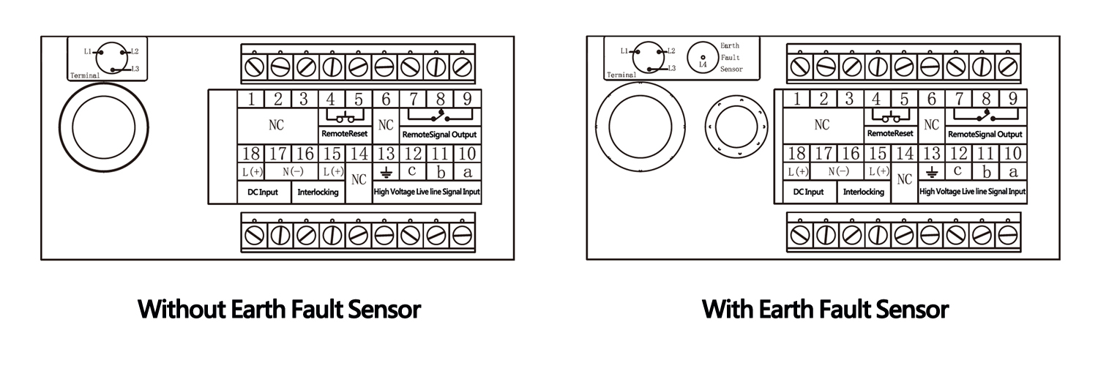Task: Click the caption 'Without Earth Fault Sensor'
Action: (x=279, y=309)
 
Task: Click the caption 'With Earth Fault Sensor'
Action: (x=825, y=309)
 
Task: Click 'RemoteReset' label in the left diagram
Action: (x=344, y=134)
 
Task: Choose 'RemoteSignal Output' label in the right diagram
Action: (x=985, y=135)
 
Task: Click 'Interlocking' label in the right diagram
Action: (x=864, y=193)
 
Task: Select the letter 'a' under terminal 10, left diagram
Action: (x=467, y=173)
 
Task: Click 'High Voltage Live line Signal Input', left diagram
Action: (x=427, y=193)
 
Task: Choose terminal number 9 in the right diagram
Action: (x=1012, y=100)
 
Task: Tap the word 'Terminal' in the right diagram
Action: (x=621, y=75)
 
